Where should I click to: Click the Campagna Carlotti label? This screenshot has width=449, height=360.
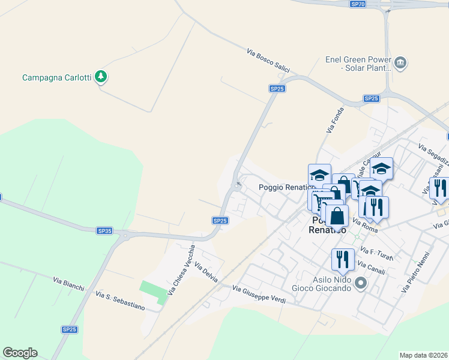pos(56,77)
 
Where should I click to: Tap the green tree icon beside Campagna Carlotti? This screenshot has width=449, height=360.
pos(102,77)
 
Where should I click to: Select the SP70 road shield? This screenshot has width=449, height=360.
pos(358,4)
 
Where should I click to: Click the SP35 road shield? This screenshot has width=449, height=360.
pos(104,230)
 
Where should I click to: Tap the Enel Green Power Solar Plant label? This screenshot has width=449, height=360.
pos(358,64)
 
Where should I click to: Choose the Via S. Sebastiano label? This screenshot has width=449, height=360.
pos(120,301)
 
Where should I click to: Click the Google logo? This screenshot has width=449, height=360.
pos(20,353)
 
